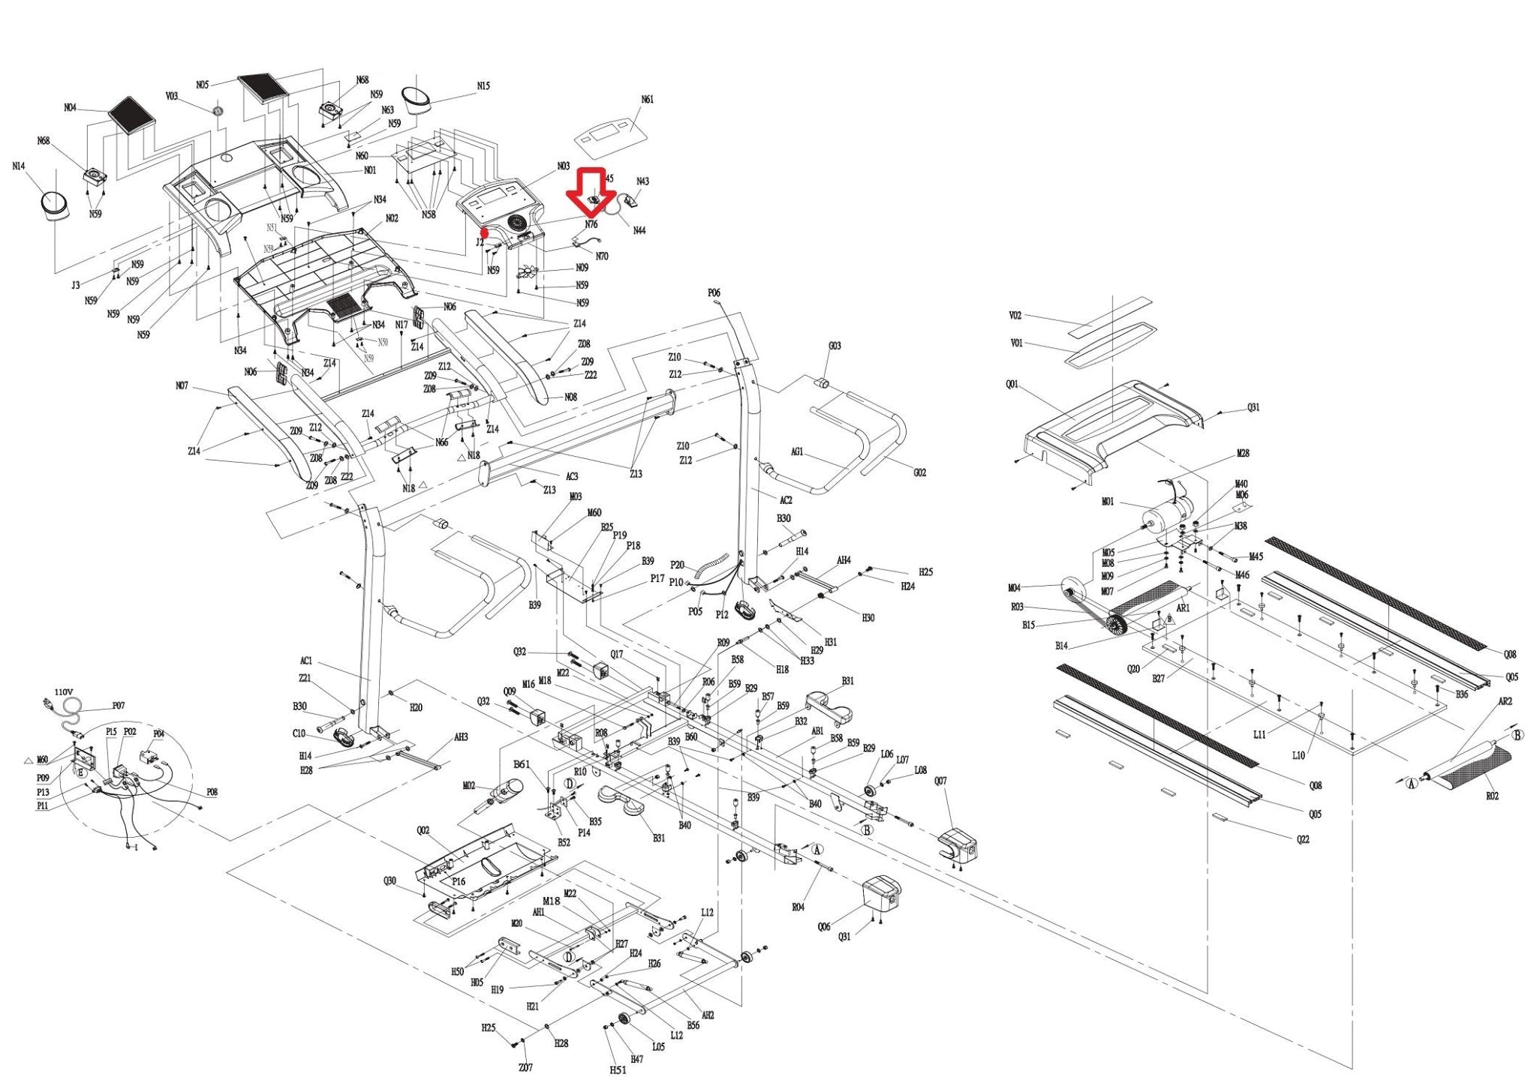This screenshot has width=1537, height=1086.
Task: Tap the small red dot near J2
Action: click(x=485, y=232)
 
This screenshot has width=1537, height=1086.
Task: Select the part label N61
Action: click(x=647, y=100)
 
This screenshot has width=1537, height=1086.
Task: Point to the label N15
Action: click(x=483, y=86)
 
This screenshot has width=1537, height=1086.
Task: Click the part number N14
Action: click(x=19, y=166)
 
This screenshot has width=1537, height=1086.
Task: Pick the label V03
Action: click(x=172, y=97)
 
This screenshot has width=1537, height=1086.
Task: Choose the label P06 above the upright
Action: click(x=713, y=293)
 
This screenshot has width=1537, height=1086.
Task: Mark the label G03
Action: click(x=835, y=346)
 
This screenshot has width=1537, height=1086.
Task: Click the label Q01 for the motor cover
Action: click(x=1012, y=385)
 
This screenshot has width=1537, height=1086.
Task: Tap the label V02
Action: click(x=1015, y=316)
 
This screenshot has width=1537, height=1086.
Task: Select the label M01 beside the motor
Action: click(x=1108, y=502)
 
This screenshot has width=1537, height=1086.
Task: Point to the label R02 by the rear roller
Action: click(x=1493, y=796)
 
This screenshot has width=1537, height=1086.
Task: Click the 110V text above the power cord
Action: click(x=64, y=691)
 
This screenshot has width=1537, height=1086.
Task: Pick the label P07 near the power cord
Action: click(x=119, y=706)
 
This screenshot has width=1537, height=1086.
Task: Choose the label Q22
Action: click(x=1303, y=839)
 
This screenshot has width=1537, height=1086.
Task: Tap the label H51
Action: click(x=618, y=1070)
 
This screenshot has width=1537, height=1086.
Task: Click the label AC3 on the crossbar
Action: click(x=572, y=476)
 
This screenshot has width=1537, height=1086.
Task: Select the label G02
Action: click(x=920, y=472)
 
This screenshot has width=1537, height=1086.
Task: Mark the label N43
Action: click(x=643, y=181)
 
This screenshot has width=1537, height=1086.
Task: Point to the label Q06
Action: click(x=824, y=927)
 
